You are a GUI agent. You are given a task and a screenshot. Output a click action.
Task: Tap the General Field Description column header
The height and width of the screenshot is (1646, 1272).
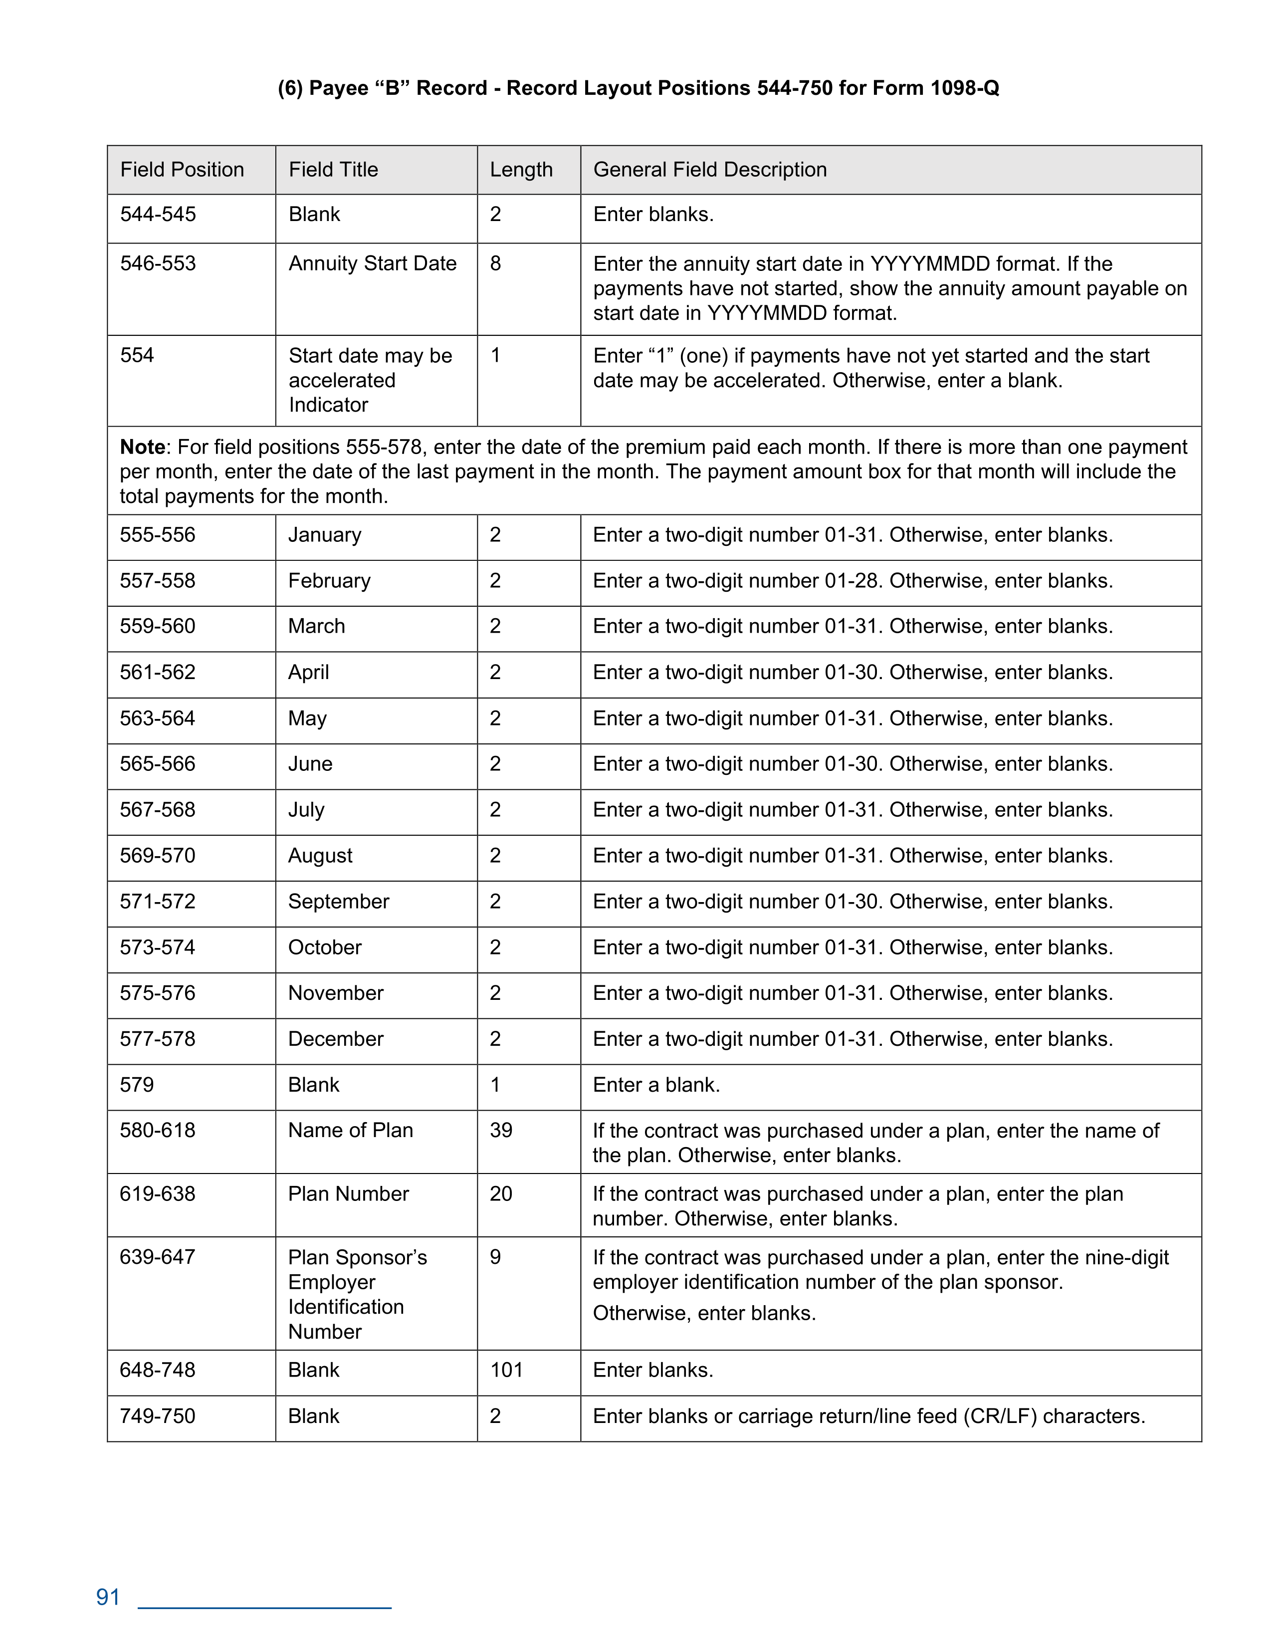tap(710, 170)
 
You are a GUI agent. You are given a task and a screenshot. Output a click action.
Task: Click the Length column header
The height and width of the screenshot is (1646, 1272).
tap(521, 170)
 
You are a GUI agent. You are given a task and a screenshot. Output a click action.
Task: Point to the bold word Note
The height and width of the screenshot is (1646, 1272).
tap(143, 447)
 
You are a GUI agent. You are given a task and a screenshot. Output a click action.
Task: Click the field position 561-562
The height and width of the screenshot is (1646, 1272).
tap(158, 672)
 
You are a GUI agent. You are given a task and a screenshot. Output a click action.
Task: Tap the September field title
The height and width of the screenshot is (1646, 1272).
tap(338, 902)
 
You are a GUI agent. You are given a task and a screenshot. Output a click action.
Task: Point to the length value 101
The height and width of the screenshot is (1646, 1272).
tap(506, 1370)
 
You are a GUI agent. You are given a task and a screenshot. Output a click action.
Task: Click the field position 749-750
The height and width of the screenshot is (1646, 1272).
tap(158, 1415)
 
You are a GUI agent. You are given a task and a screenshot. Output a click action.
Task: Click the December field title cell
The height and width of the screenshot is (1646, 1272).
tap(335, 1039)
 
